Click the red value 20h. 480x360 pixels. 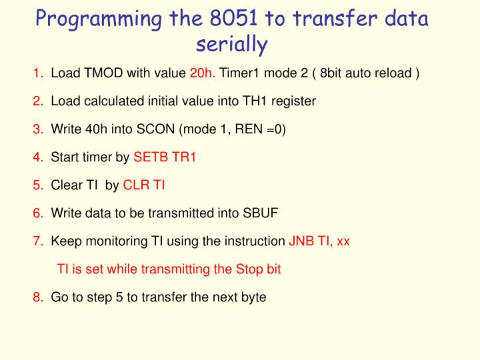point(203,73)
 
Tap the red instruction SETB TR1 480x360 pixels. point(165,157)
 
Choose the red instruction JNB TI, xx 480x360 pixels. point(319,241)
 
